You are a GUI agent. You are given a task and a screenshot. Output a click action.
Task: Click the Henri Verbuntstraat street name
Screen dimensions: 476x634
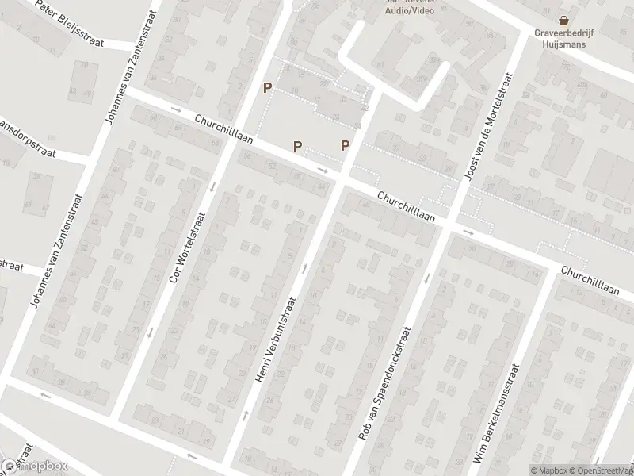tap(276, 340)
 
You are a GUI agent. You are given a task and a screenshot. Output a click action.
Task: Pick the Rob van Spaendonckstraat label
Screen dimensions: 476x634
tap(386, 385)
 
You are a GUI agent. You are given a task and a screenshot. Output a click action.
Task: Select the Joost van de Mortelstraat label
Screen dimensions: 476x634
tap(486, 125)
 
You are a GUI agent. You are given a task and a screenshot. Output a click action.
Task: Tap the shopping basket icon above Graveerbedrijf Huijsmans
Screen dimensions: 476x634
tap(563, 21)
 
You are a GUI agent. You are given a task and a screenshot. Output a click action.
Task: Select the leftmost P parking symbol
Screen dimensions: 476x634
tap(268, 88)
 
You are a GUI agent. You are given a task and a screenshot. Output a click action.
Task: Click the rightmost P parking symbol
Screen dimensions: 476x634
tap(346, 145)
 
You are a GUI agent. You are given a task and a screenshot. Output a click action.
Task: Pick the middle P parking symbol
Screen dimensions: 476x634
tap(297, 146)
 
